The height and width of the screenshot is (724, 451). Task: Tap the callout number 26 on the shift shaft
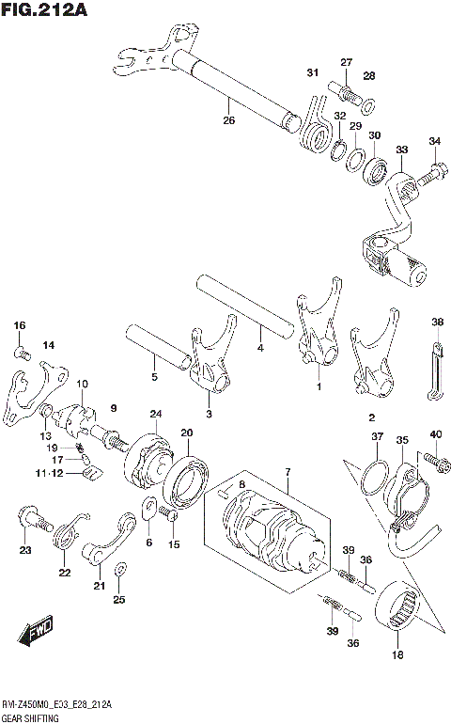228,119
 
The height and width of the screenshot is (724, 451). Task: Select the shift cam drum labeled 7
264,531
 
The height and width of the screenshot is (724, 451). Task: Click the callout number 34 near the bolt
434,141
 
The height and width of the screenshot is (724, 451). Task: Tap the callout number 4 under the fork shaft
260,349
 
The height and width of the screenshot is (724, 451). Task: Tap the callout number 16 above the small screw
20,325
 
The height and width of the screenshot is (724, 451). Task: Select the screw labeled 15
169,514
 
